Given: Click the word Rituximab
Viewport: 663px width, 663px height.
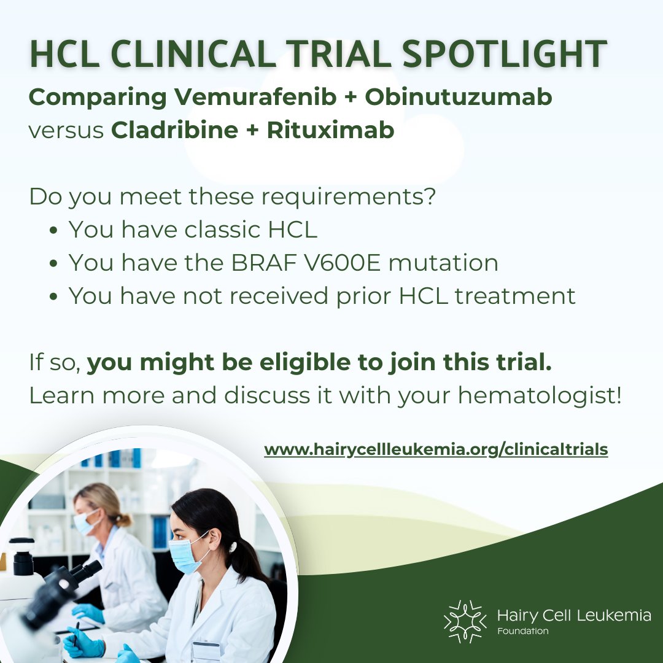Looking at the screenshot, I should pos(330,131).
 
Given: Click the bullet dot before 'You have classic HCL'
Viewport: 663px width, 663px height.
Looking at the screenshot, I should pos(54,231).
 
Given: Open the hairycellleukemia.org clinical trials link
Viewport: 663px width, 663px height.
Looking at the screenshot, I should pos(436,450).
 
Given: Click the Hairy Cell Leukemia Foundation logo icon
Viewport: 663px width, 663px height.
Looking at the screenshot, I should pos(465,621).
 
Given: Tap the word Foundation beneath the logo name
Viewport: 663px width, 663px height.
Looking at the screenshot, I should pos(523,631).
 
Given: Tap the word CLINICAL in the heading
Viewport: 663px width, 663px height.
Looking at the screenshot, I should pos(209,54).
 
